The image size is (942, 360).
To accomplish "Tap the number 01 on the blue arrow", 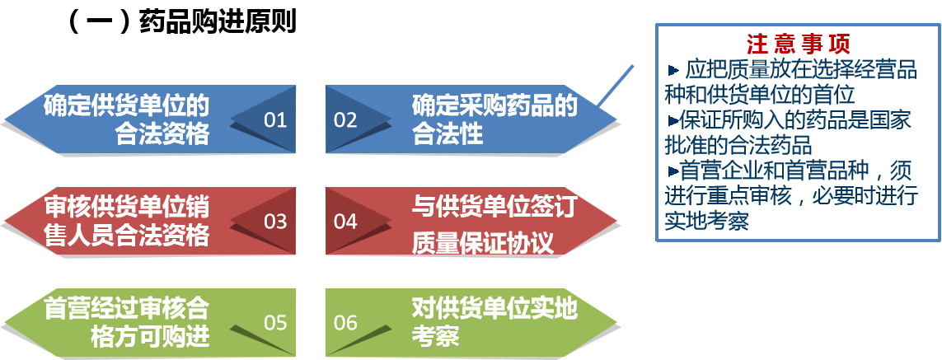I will coord(275,120).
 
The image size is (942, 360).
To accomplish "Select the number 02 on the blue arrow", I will coord(345,120).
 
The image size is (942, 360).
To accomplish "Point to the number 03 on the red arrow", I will coord(275,222).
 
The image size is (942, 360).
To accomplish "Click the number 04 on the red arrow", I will coord(345,222).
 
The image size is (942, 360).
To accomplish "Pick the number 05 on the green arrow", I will coord(275,323).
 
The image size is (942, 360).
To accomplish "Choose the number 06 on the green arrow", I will coord(345,323).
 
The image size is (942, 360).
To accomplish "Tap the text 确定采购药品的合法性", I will coord(494,119).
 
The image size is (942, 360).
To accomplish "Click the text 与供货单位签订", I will coord(494,207).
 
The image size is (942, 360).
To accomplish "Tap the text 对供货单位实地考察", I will coord(494,321).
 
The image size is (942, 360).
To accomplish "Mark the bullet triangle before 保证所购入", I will coord(673,120).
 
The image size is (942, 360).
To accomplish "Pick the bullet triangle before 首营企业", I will coord(673,171).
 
